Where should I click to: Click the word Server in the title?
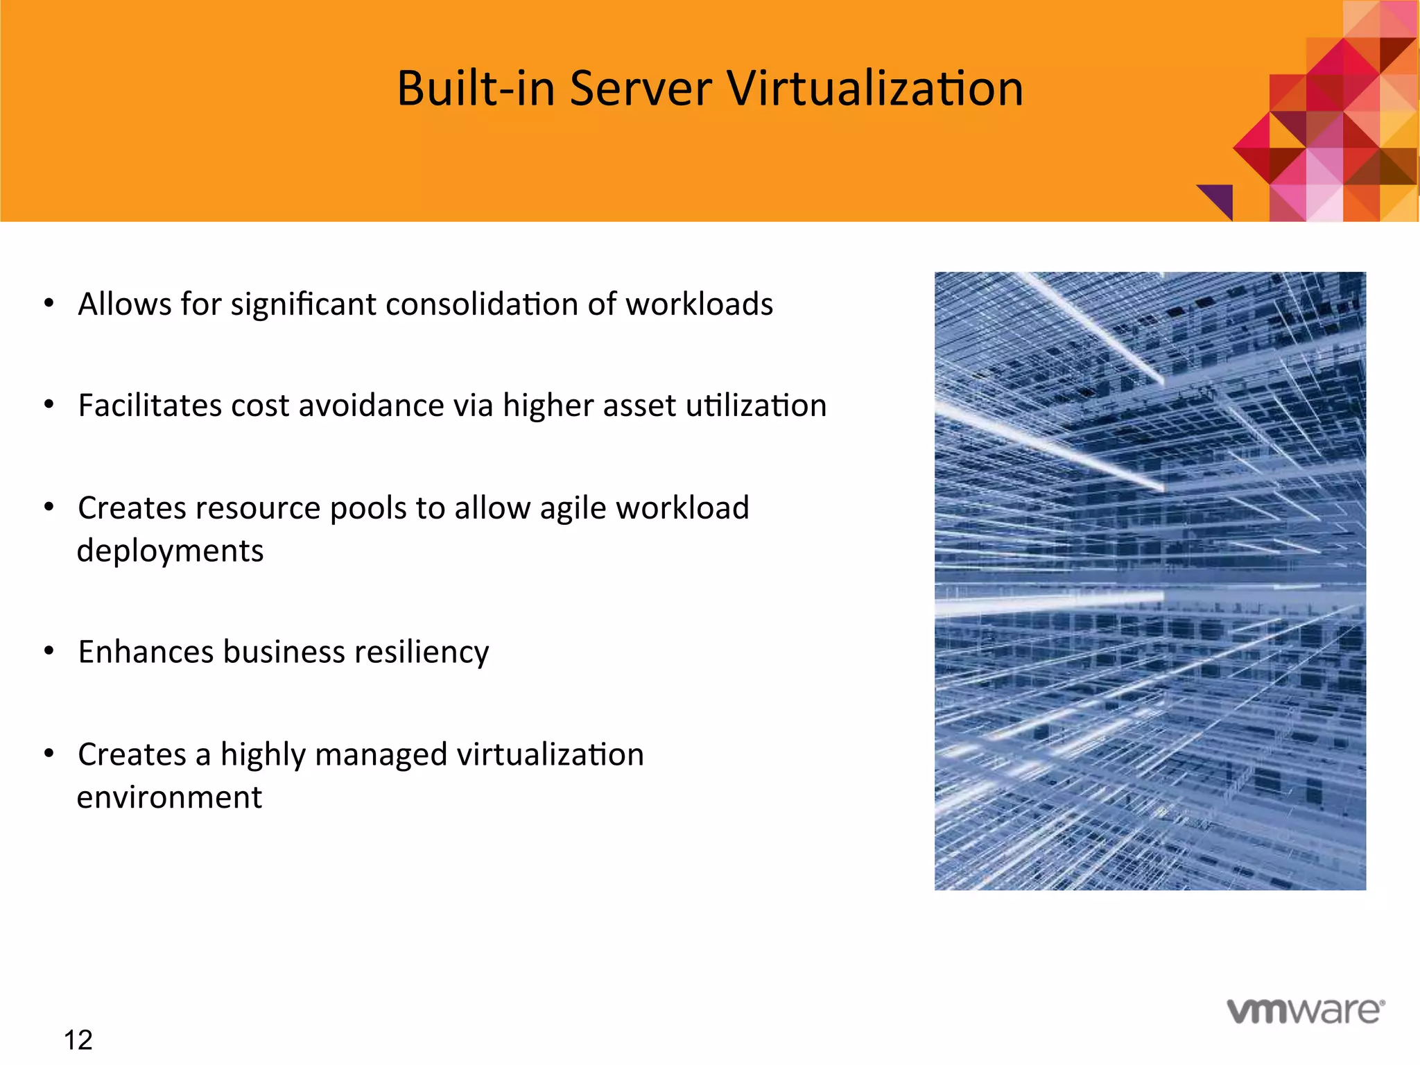[x=640, y=89]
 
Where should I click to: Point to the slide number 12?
[x=78, y=1040]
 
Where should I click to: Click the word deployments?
[x=170, y=551]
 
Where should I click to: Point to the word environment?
[x=169, y=797]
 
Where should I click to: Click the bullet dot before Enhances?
[x=49, y=650]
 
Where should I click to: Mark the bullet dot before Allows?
[x=49, y=303]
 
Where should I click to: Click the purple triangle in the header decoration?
[x=1221, y=198]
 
